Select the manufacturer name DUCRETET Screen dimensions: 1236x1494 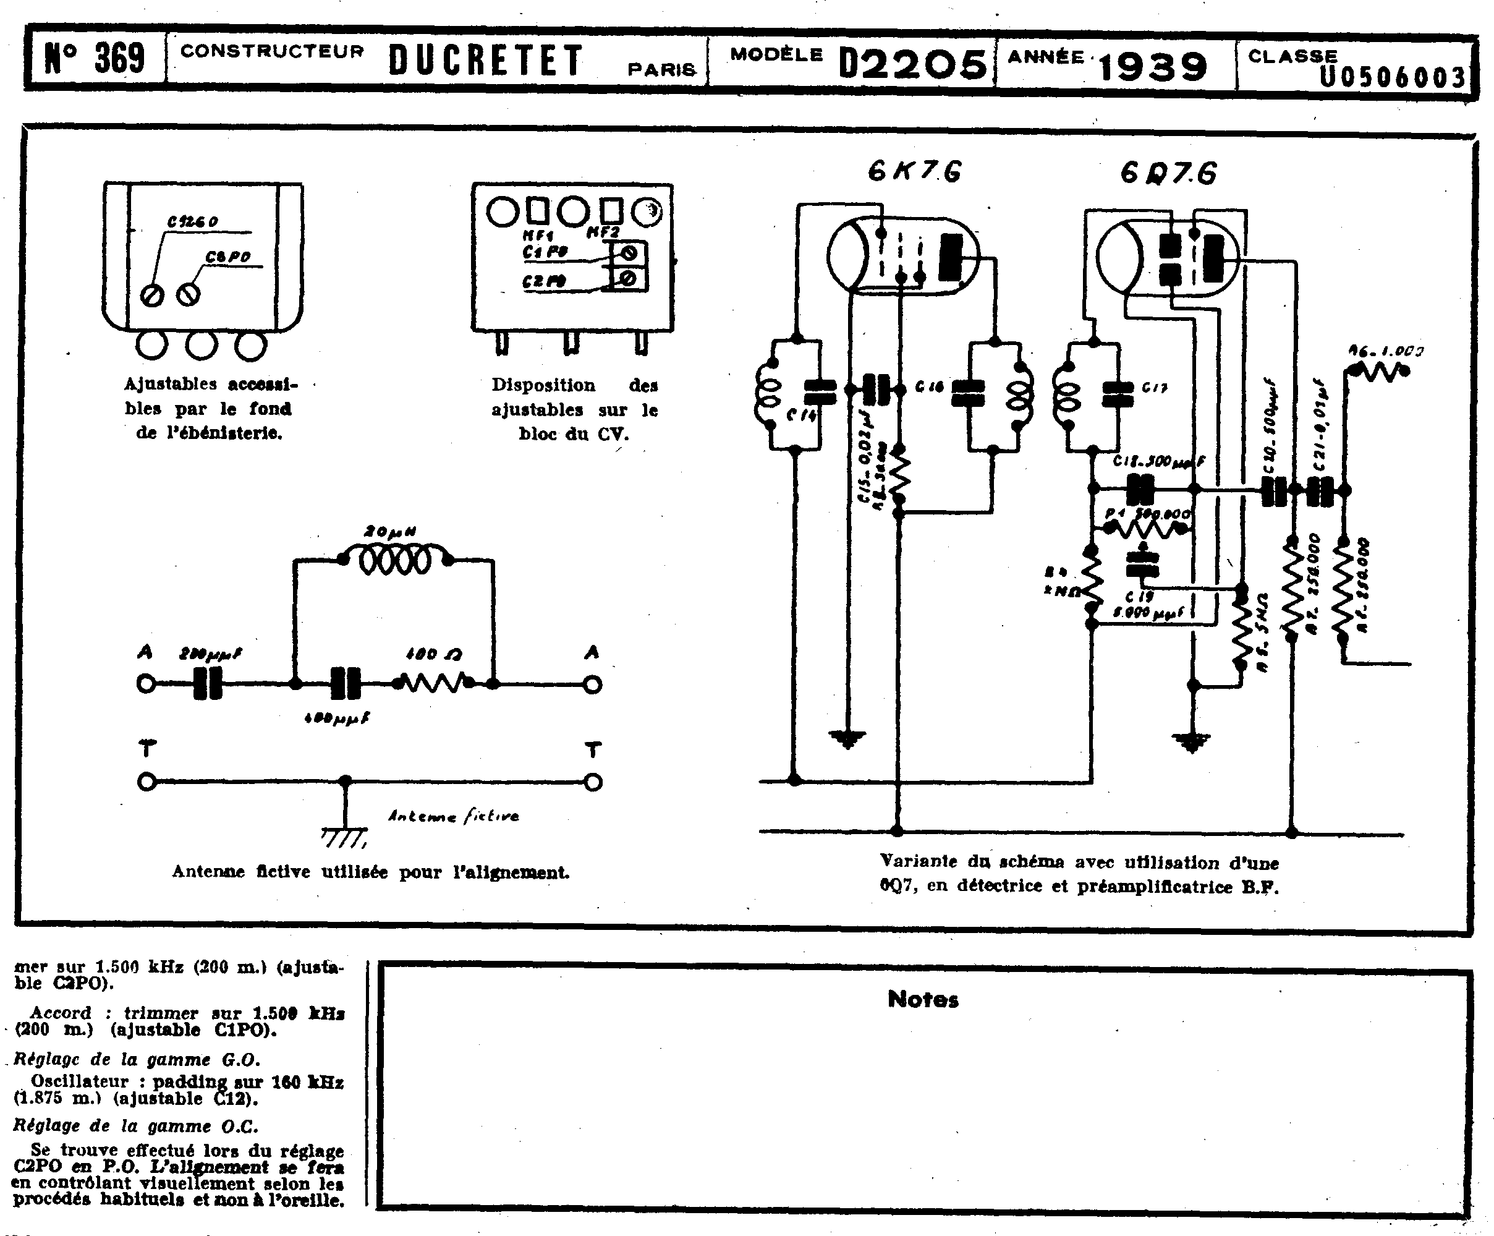click(x=486, y=61)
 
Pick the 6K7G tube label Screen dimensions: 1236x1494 click(x=914, y=171)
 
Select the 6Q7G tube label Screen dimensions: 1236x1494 click(x=1168, y=174)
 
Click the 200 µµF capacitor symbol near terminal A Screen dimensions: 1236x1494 click(x=208, y=684)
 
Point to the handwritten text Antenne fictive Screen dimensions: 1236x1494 click(x=453, y=816)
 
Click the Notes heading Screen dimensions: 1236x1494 click(x=923, y=1000)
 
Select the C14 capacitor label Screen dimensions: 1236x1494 click(x=801, y=416)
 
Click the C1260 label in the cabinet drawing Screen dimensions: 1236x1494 click(x=192, y=222)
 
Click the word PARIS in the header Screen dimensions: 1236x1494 click(x=661, y=70)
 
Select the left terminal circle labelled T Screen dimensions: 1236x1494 click(x=146, y=782)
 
